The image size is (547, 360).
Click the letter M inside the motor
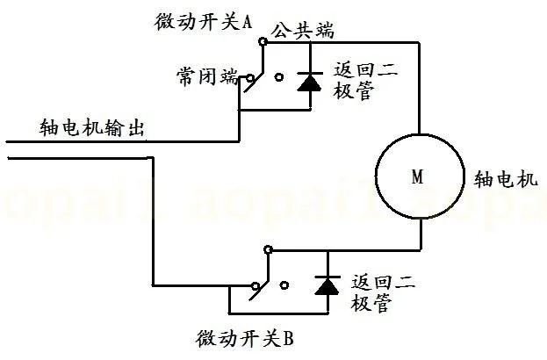click(x=417, y=177)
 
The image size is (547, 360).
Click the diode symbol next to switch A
click(x=309, y=82)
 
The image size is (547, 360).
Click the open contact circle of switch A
click(x=280, y=78)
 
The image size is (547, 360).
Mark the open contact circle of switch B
click(x=285, y=284)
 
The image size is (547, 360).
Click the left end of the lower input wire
click(x=9, y=157)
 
